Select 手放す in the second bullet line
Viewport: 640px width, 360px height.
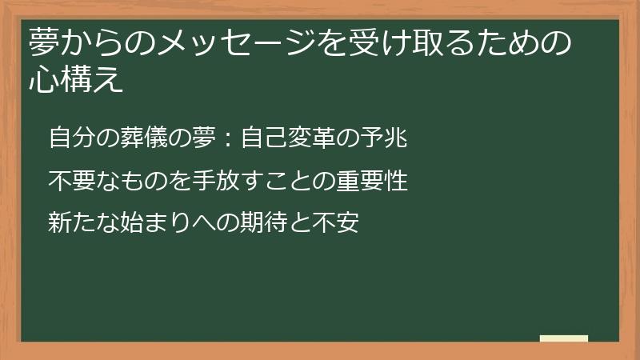click(214, 180)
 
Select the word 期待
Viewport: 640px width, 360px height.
click(261, 222)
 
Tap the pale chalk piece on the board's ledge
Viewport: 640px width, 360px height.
click(564, 338)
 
